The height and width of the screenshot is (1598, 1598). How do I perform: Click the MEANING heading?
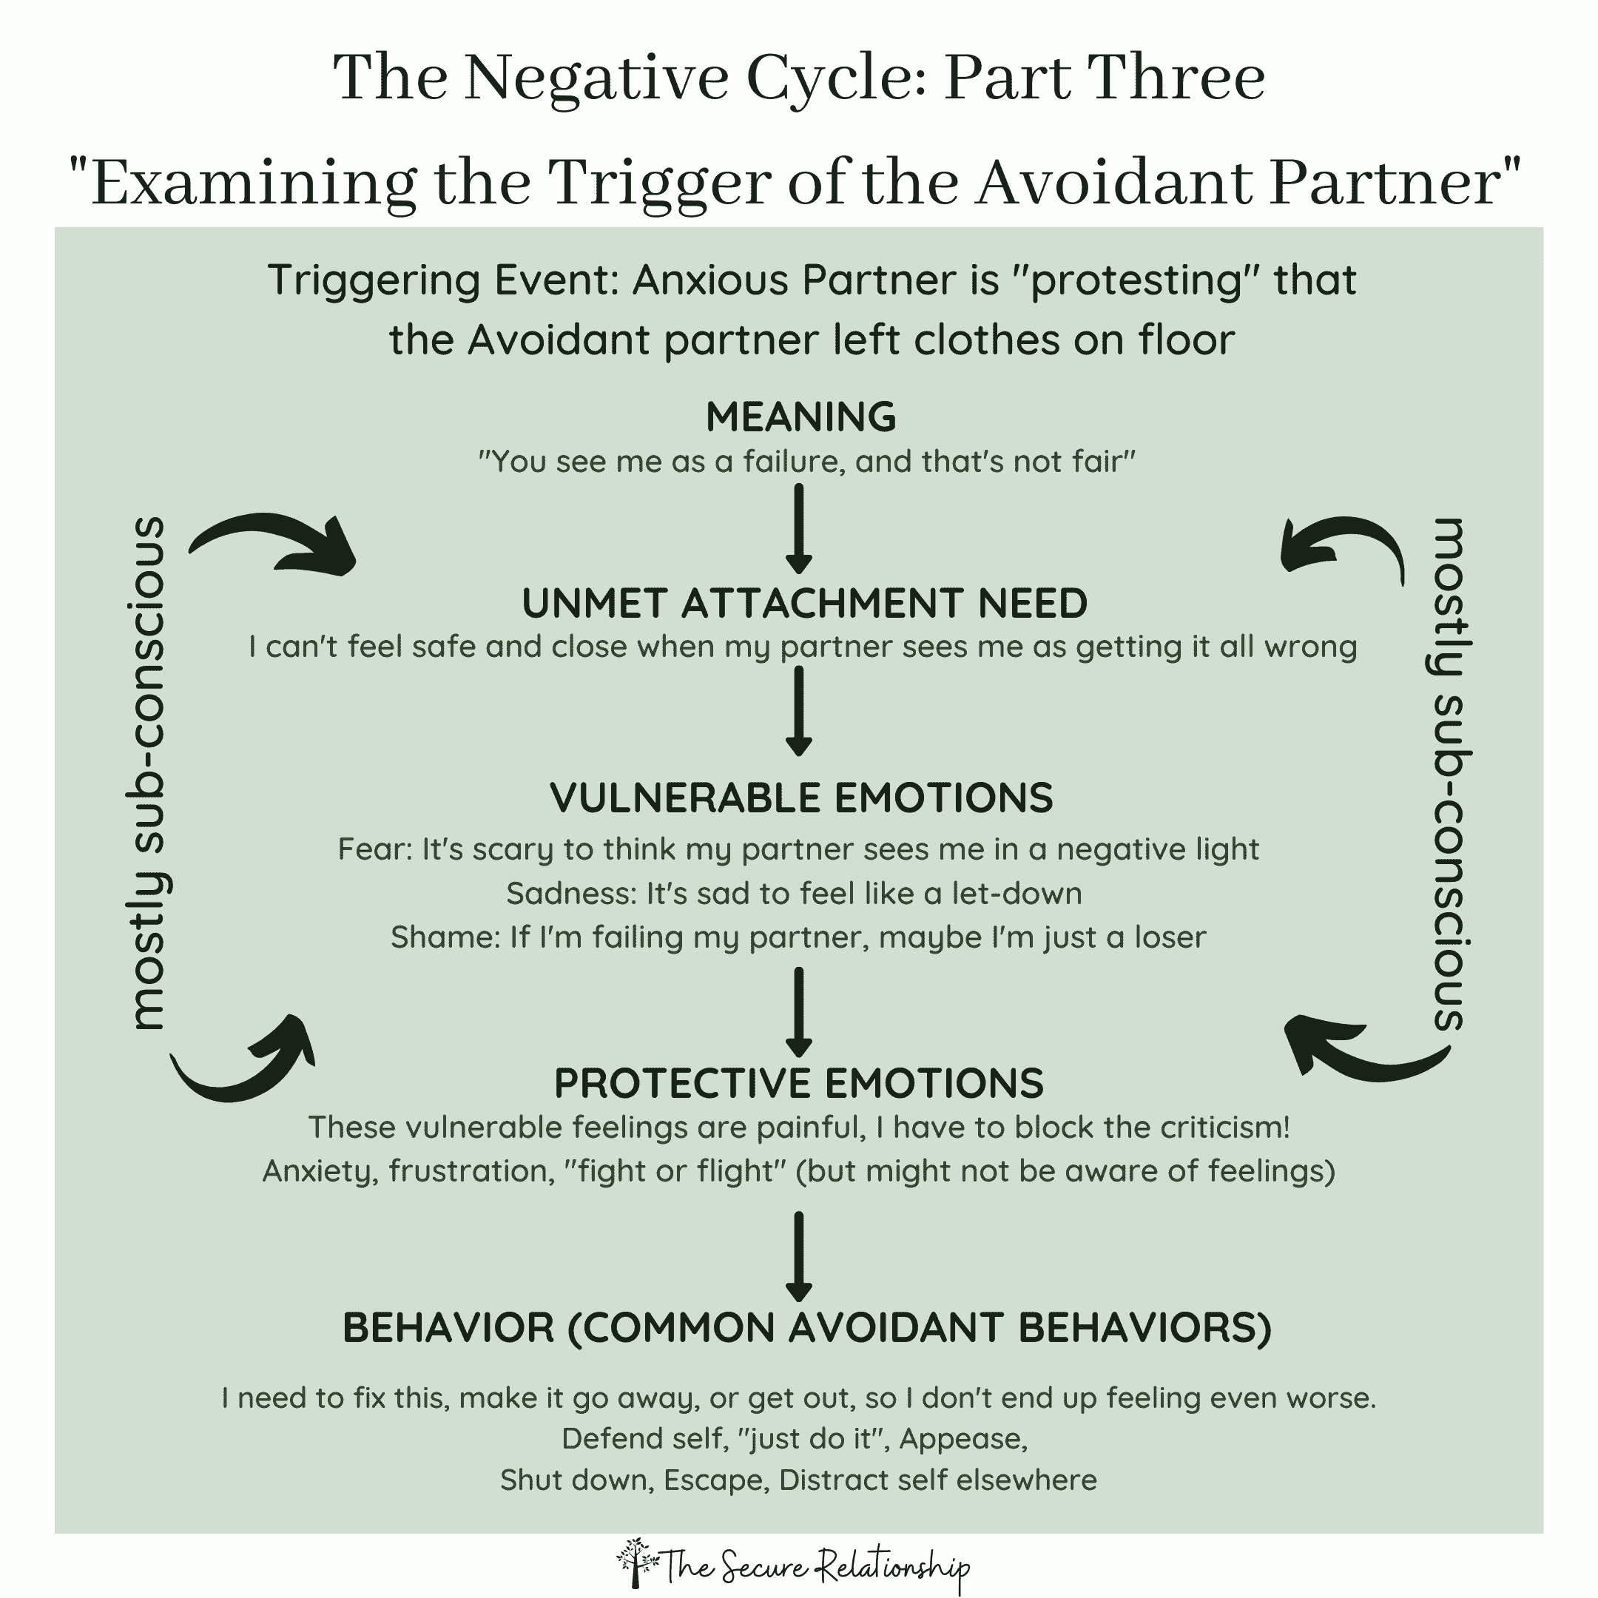click(800, 417)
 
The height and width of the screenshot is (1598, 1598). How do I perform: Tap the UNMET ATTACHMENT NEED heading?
click(804, 603)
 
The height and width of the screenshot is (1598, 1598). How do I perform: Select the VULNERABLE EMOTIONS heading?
click(801, 798)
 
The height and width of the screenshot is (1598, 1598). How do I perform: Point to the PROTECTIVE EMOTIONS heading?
click(799, 1082)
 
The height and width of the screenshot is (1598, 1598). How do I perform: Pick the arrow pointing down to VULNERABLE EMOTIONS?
click(798, 711)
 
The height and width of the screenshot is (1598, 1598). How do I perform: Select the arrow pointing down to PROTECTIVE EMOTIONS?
click(798, 1011)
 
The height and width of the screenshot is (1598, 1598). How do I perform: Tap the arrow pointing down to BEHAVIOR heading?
click(798, 1256)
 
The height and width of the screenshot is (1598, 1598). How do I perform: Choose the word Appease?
click(962, 1438)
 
